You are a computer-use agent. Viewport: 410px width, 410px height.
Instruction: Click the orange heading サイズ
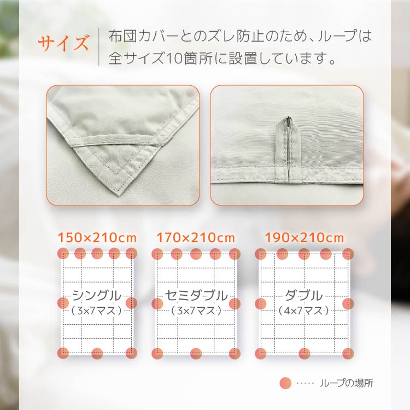click(63, 43)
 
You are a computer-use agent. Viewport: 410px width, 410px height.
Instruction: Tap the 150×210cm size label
click(97, 238)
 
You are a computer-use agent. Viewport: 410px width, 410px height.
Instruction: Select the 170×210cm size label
click(196, 238)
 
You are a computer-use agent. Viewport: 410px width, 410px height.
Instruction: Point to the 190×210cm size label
click(304, 238)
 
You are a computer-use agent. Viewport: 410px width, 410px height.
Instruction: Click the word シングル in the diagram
click(97, 295)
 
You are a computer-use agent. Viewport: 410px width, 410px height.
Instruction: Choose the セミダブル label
click(196, 295)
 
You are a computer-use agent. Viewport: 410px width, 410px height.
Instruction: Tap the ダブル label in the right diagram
click(303, 295)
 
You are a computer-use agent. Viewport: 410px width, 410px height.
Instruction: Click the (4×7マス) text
click(303, 311)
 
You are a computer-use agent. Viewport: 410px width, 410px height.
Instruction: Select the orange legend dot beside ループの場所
click(285, 383)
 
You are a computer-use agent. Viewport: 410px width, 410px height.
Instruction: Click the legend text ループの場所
click(347, 383)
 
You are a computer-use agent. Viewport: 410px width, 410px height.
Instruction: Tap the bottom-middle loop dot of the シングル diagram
click(97, 354)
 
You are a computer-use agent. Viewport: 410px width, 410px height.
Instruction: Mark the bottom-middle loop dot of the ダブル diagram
click(304, 354)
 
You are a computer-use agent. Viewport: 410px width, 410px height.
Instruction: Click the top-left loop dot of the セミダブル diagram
click(157, 254)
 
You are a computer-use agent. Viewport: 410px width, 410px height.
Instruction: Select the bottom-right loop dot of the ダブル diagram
click(348, 354)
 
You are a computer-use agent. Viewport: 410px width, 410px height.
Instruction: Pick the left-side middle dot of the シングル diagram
click(63, 303)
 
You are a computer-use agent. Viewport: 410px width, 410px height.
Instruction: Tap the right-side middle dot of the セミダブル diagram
click(235, 303)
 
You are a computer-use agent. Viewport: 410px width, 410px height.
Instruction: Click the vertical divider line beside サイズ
click(99, 46)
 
